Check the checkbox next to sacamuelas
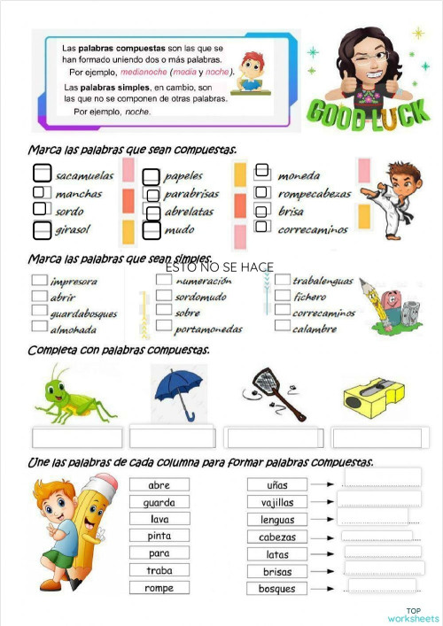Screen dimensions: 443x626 coord(43,174)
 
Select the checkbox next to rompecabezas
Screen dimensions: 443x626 coord(261,192)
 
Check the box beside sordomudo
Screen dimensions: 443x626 coord(164,297)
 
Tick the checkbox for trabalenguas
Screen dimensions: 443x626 coord(282,281)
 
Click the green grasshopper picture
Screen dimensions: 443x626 coord(74,396)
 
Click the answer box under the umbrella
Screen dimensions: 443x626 coord(172,437)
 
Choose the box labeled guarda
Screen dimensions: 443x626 coord(159,502)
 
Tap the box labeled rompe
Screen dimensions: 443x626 coord(159,588)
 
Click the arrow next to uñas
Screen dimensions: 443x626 coord(323,485)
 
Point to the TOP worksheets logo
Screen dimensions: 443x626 coord(413,614)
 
